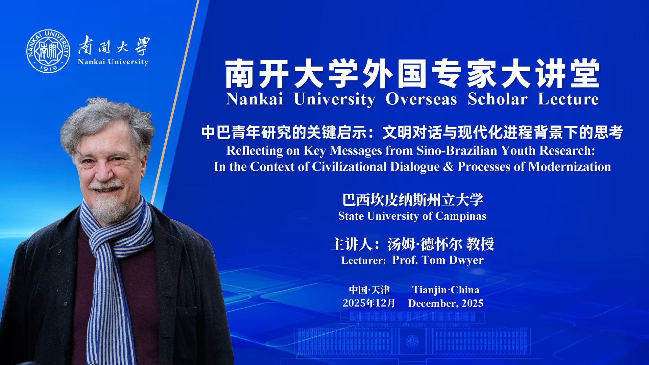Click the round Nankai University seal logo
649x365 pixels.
coord(48,51)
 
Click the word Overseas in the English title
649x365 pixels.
coord(421,99)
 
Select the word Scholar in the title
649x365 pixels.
coord(497,99)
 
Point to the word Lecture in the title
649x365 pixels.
coord(568,99)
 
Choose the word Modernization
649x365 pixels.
coord(570,167)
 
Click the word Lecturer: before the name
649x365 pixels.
coord(363,261)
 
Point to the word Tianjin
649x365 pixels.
coord(429,290)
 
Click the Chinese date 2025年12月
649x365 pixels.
coord(369,303)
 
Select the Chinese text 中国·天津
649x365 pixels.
coord(369,290)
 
